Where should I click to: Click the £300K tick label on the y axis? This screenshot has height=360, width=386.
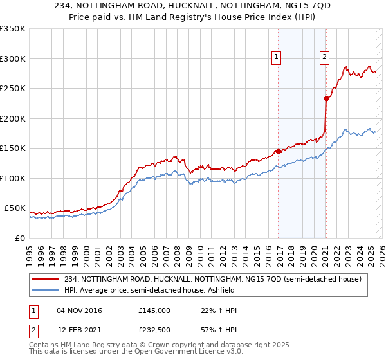(x=13, y=59)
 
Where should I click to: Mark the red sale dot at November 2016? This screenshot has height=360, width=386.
(x=278, y=151)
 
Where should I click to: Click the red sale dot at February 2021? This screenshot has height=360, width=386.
(x=326, y=98)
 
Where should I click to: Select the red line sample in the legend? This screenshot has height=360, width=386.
(x=46, y=279)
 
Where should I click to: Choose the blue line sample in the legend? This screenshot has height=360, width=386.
(x=46, y=290)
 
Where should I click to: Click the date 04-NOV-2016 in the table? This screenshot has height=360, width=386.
(x=79, y=310)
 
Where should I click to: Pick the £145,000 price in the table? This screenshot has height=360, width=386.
(x=154, y=310)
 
